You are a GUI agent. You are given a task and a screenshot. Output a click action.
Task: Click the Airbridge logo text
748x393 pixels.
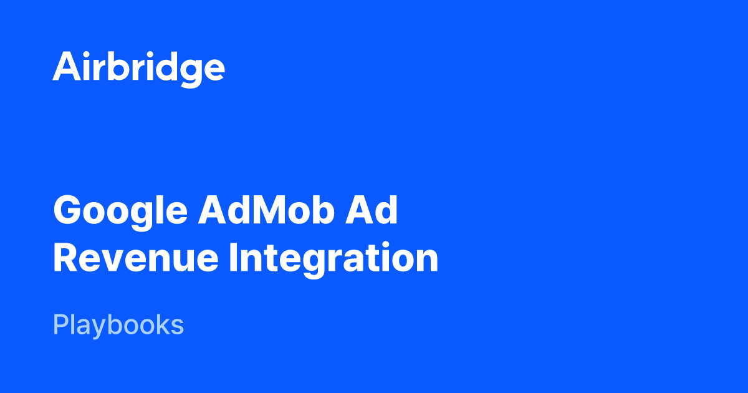(138, 69)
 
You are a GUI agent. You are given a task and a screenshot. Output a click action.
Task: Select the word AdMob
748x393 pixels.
(267, 210)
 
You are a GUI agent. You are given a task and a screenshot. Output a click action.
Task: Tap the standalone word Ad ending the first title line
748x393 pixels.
(372, 210)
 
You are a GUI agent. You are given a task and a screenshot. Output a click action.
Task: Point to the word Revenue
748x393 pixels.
(136, 257)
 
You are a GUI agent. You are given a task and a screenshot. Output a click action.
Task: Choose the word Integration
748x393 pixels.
(333, 260)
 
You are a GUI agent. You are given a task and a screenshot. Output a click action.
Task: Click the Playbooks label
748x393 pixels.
(118, 325)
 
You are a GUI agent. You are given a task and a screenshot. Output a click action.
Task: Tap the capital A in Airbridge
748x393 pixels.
(67, 66)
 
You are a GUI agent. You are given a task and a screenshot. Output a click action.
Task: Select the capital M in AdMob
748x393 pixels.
(270, 210)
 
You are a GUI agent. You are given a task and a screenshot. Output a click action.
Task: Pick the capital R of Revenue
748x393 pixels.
(65, 257)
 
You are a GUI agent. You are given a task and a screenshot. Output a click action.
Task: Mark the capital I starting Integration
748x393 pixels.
(233, 257)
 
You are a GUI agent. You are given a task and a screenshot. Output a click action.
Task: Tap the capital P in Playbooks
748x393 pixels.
(61, 324)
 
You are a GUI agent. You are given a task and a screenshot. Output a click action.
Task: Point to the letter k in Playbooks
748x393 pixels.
(160, 324)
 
